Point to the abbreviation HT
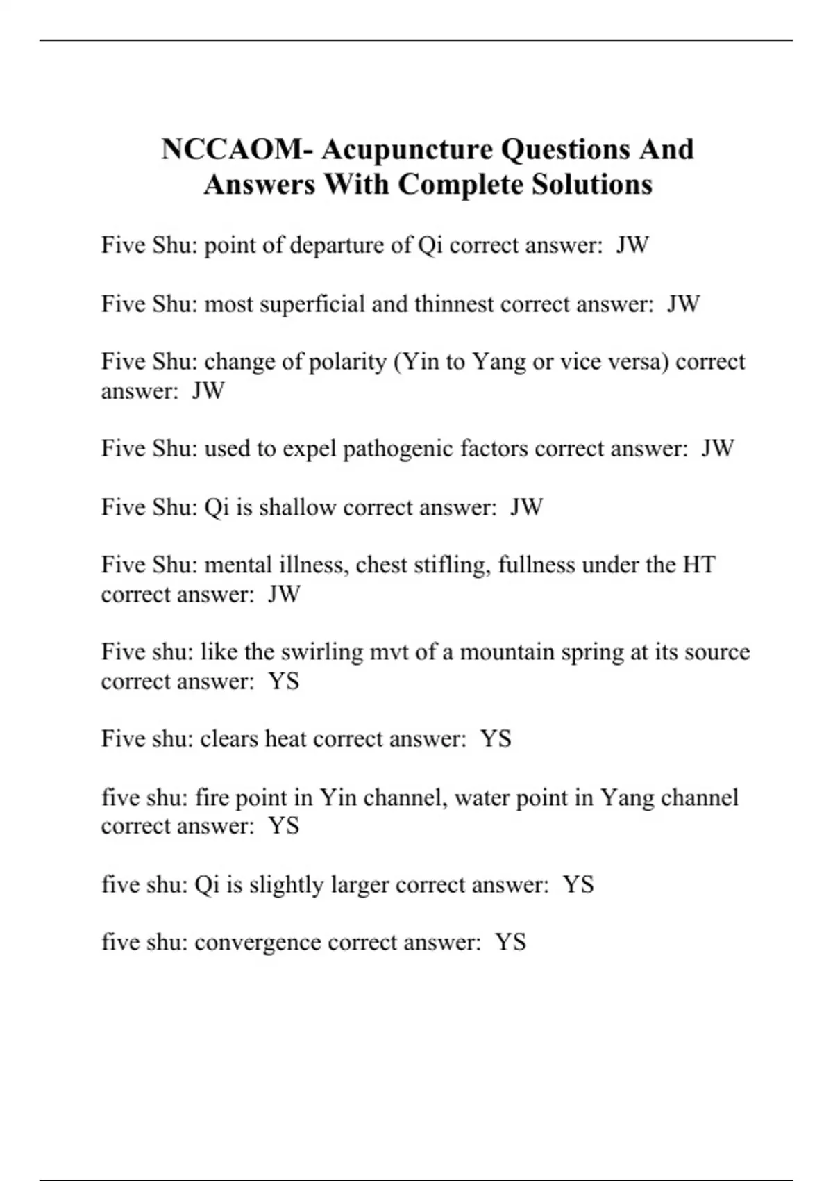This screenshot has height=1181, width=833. (x=698, y=565)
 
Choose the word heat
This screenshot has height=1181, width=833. (x=285, y=738)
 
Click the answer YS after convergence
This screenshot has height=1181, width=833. (x=510, y=943)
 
